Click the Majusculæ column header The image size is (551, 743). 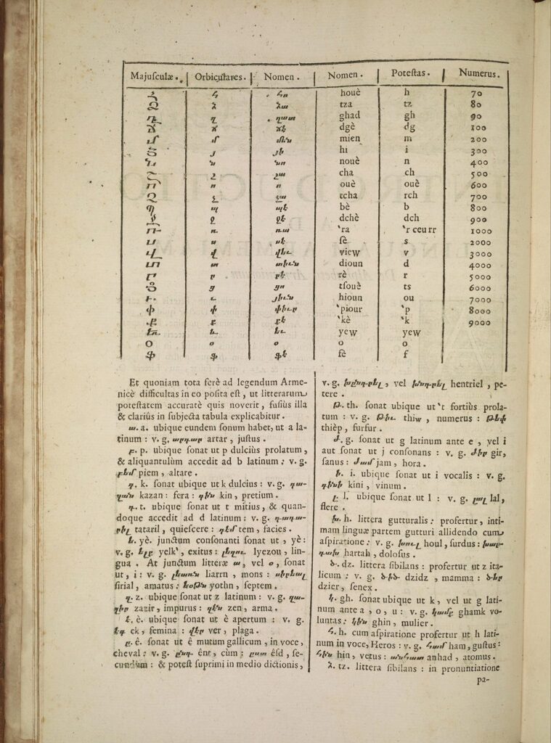click(155, 76)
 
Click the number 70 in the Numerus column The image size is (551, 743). click(476, 94)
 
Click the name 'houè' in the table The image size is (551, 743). click(349, 93)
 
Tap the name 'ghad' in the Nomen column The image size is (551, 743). click(349, 115)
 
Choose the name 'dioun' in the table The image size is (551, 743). click(350, 264)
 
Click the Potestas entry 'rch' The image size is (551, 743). click(410, 196)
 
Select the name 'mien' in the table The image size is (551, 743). click(350, 139)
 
